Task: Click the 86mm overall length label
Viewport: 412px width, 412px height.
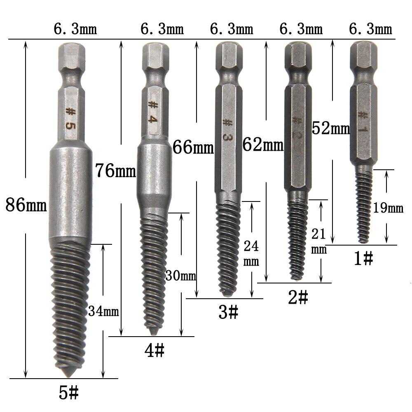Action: [26, 205]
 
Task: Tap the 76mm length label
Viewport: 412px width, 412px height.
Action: [115, 170]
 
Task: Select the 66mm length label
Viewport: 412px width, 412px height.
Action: [193, 147]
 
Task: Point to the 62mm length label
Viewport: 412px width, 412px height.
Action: [263, 145]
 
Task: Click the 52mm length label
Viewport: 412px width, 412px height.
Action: [331, 129]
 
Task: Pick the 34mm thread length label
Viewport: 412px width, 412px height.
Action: [103, 311]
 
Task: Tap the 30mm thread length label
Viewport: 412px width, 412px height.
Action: [181, 276]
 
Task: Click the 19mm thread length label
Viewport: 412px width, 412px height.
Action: [388, 208]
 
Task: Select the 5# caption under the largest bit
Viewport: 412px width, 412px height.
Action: [68, 393]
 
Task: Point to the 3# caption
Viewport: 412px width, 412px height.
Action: [228, 314]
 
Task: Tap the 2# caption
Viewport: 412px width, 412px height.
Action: [298, 297]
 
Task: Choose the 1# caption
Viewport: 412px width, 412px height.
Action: [363, 259]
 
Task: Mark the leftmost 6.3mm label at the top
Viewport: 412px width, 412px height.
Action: [75, 30]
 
